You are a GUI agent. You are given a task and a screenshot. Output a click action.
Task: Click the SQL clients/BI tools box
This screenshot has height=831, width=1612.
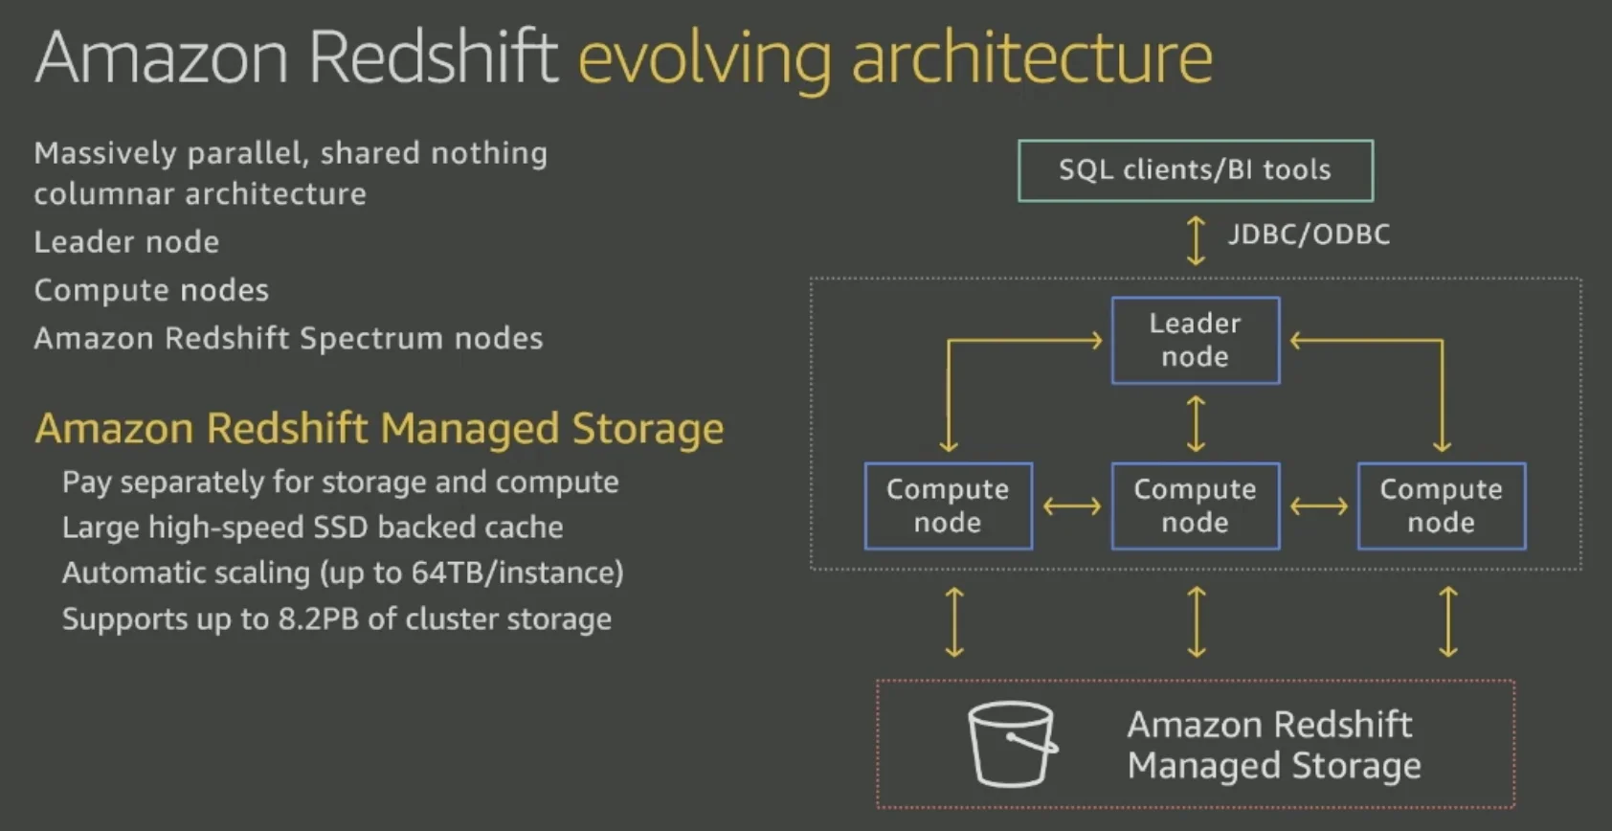pos(1195,170)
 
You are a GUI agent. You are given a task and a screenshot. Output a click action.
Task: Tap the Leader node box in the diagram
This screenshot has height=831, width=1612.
pos(1195,340)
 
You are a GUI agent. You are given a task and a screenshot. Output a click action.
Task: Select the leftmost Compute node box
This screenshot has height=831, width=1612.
pos(948,505)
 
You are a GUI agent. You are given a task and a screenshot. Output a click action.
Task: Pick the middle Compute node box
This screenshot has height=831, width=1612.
pos(1195,505)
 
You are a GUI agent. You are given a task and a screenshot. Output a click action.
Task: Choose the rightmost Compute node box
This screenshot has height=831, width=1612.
pos(1441,505)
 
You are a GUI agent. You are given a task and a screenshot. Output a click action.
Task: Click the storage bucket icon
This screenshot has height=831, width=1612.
pos(1012,744)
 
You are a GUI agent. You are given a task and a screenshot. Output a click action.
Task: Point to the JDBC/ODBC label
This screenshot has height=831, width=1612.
pos(1309,235)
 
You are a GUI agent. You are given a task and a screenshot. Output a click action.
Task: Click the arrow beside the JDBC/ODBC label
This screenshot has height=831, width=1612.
pos(1196,239)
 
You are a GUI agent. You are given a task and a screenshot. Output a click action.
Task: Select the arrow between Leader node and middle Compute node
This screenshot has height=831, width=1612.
pos(1196,423)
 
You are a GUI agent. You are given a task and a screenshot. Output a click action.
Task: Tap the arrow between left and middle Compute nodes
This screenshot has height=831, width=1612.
pos(1071,505)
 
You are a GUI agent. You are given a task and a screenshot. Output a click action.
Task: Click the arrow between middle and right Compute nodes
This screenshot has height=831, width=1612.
pos(1318,505)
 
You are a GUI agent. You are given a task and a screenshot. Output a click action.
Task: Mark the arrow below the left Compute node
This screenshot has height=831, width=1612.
pos(954,622)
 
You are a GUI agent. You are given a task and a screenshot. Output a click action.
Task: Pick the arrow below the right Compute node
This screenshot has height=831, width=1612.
pos(1448,622)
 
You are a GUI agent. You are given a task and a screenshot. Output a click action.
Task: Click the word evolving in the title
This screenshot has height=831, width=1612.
pos(705,57)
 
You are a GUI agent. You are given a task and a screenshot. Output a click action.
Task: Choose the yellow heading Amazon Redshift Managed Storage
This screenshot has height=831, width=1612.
pos(379,428)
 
